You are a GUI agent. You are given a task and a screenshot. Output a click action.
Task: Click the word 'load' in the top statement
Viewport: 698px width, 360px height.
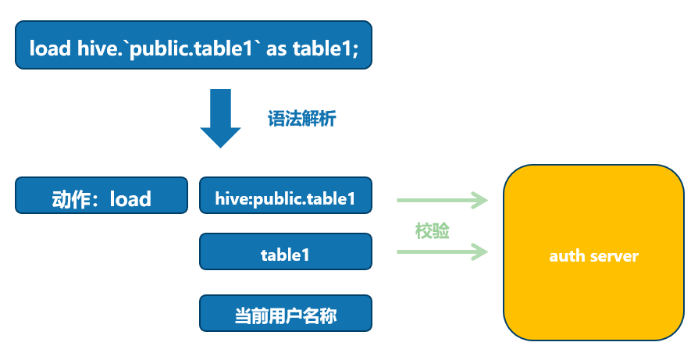50,48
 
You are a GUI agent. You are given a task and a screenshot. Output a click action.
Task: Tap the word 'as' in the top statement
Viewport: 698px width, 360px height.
276,48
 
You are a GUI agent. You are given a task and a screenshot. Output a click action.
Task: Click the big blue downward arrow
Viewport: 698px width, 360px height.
221,118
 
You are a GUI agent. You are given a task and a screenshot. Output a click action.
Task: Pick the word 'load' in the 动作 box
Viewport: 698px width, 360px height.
130,199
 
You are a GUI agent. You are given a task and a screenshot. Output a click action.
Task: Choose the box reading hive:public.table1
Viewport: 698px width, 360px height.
285,198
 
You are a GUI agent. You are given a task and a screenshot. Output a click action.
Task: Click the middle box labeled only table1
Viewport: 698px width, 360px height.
285,255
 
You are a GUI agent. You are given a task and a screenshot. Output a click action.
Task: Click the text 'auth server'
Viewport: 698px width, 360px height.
593,255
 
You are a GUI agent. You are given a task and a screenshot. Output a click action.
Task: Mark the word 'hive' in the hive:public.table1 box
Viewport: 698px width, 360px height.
230,198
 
